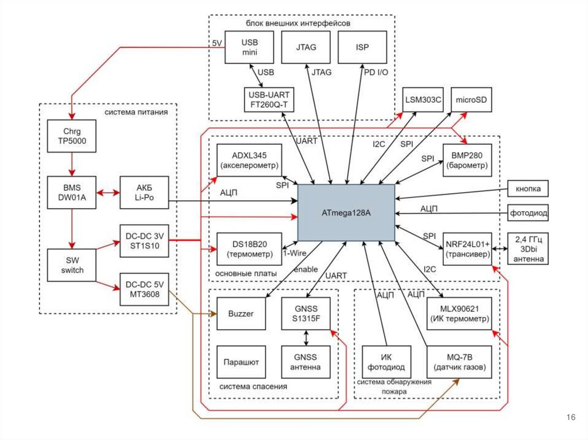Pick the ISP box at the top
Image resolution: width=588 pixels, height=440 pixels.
pyautogui.click(x=362, y=48)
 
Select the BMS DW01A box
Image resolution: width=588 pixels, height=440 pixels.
pyautogui.click(x=72, y=192)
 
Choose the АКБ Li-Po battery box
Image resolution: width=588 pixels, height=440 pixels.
pyautogui.click(x=144, y=192)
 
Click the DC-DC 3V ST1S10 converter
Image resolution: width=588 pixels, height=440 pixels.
pyautogui.click(x=144, y=238)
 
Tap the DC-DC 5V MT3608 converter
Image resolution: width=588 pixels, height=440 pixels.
pyautogui.click(x=144, y=289)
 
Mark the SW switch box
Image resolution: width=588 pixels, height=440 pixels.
pyautogui.click(x=72, y=264)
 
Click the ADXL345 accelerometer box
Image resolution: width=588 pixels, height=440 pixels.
pyautogui.click(x=249, y=160)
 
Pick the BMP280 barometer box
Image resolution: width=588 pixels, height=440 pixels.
pyautogui.click(x=467, y=160)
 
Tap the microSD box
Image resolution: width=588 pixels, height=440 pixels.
pyautogui.click(x=471, y=100)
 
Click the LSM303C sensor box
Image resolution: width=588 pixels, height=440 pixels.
pyautogui.click(x=423, y=100)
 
